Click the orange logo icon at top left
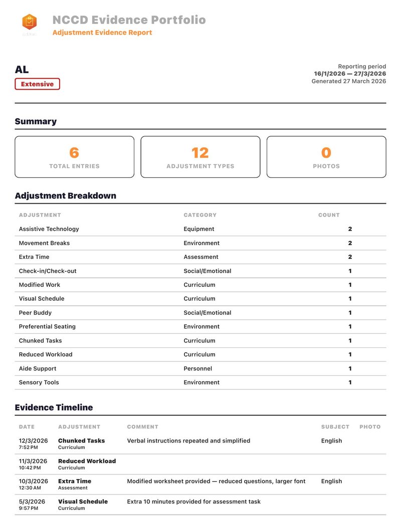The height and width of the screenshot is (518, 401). pos(30,22)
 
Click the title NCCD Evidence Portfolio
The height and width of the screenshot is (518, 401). pos(129,20)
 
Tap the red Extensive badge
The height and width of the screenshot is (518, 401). pos(37,84)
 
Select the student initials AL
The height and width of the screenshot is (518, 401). pos(22,70)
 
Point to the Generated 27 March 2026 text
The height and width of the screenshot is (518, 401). pos(348,81)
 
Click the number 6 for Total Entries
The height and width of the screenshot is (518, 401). pos(74,153)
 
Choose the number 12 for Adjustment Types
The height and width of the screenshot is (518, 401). pos(200,153)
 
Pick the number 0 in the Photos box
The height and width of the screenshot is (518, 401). pos(326,153)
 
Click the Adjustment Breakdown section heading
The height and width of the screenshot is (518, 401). pos(65,196)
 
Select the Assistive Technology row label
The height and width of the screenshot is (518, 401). pos(49,229)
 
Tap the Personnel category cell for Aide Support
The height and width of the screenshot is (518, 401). pos(197,368)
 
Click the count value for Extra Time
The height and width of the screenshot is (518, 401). pos(350,257)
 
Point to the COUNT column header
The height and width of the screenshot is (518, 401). pos(329,215)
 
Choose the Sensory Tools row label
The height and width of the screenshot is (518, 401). pos(39,382)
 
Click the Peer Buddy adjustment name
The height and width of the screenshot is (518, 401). pos(35,313)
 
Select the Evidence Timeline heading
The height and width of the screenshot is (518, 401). pos(54,407)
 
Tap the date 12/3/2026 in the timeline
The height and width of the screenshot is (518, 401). pos(33,441)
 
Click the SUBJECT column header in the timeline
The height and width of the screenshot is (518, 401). pos(335,427)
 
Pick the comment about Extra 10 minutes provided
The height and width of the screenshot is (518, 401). pos(193,501)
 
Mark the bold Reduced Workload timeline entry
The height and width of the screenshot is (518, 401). pos(87,461)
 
